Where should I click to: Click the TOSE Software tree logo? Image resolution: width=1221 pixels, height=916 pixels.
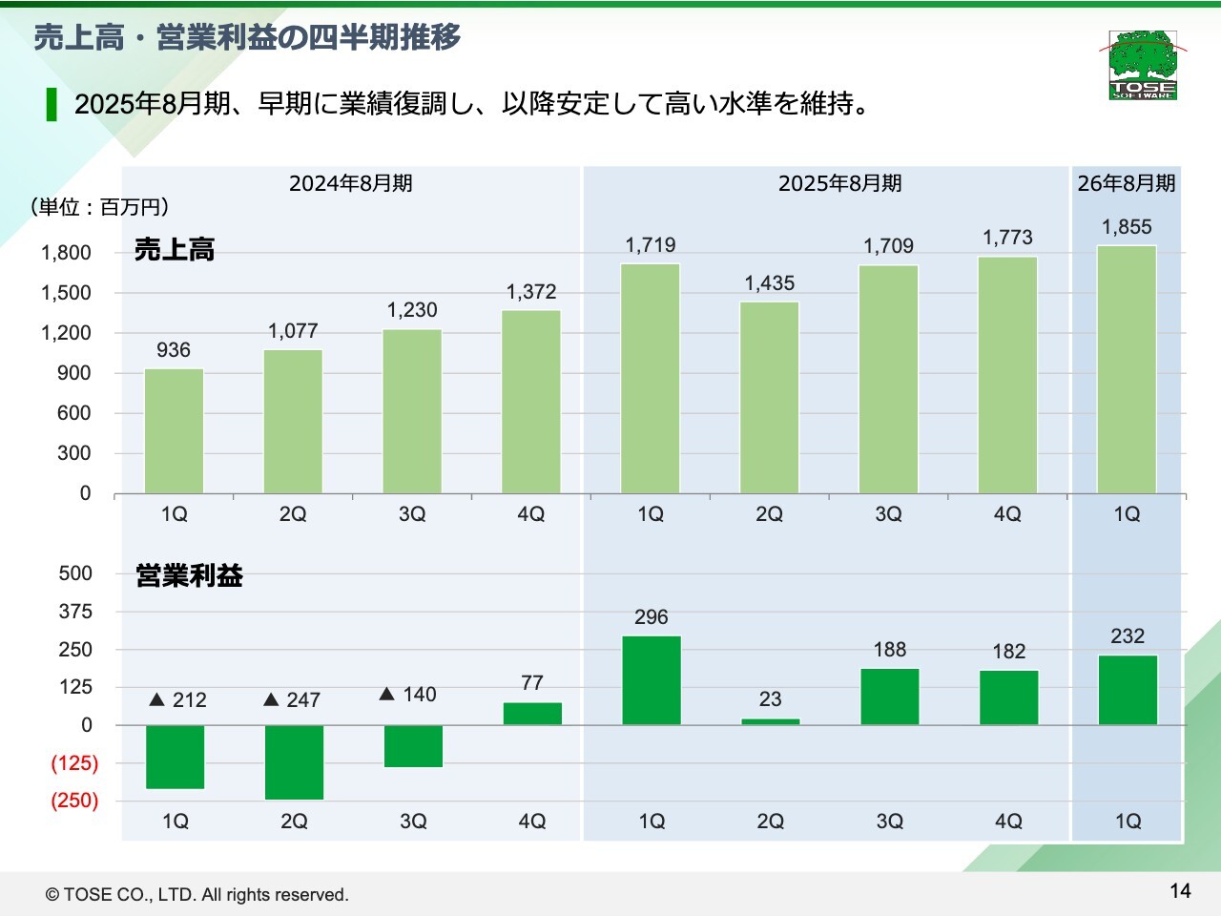click(x=1143, y=64)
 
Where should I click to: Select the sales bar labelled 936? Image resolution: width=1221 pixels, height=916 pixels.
click(x=174, y=430)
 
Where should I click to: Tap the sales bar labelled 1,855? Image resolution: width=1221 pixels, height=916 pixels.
click(x=1127, y=369)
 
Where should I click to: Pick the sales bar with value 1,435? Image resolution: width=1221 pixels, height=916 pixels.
click(x=769, y=397)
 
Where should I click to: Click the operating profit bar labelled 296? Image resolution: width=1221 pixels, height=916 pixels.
click(x=652, y=680)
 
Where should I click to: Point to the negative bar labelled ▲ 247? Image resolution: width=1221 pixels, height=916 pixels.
click(x=294, y=762)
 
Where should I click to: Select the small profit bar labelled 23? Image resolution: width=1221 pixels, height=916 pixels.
click(x=771, y=721)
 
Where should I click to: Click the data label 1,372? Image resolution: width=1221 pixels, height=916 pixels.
click(x=531, y=292)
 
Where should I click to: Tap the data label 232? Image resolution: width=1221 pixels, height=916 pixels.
click(x=1128, y=636)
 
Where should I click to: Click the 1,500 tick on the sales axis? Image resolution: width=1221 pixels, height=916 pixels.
click(x=66, y=293)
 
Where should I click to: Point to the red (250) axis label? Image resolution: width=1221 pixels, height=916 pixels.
click(x=74, y=801)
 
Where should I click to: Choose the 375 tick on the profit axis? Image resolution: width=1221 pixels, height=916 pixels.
click(x=75, y=612)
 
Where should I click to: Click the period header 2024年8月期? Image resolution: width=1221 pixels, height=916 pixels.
click(x=351, y=183)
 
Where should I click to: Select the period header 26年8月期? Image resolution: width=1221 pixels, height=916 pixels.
click(x=1127, y=183)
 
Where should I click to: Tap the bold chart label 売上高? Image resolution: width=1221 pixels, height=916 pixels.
click(x=175, y=250)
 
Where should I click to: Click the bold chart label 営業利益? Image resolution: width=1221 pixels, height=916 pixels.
click(x=189, y=575)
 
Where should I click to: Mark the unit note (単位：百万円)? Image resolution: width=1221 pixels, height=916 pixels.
click(x=99, y=207)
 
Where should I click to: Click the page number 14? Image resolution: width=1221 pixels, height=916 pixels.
click(x=1180, y=891)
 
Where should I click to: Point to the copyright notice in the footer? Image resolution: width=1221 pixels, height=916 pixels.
click(x=197, y=895)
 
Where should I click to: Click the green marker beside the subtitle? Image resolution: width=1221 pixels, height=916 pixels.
click(x=52, y=104)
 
